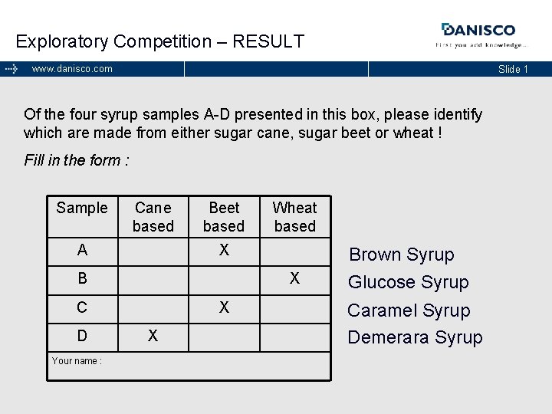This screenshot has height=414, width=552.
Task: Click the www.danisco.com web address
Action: pyautogui.click(x=72, y=69)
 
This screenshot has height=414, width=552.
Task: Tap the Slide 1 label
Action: pyautogui.click(x=513, y=69)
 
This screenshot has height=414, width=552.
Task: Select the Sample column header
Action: pyautogui.click(x=82, y=208)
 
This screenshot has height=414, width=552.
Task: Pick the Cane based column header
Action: pyautogui.click(x=153, y=217)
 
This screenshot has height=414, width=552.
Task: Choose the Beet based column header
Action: pyautogui.click(x=224, y=217)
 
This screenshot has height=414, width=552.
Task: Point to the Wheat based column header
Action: pyautogui.click(x=294, y=217)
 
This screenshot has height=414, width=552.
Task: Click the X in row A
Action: pyautogui.click(x=224, y=250)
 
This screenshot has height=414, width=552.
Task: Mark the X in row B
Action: pyautogui.click(x=294, y=278)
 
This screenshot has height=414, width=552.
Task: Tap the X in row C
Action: pyautogui.click(x=224, y=307)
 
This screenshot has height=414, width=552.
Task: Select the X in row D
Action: pyautogui.click(x=153, y=336)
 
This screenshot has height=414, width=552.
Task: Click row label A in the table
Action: pyautogui.click(x=82, y=250)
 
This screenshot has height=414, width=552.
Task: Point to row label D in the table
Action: pyautogui.click(x=82, y=336)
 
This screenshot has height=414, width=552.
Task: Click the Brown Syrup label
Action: pyautogui.click(x=402, y=255)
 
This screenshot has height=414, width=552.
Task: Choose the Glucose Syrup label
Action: pyautogui.click(x=408, y=282)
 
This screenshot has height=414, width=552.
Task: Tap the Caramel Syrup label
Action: pyautogui.click(x=409, y=310)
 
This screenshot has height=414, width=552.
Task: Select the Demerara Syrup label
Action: pyautogui.click(x=415, y=337)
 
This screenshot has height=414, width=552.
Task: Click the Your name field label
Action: pyautogui.click(x=77, y=360)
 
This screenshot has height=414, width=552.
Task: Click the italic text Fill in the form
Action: pyautogui.click(x=77, y=160)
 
